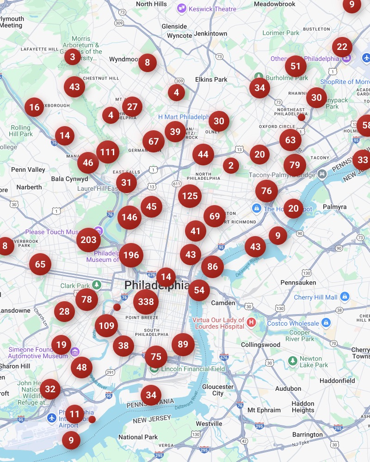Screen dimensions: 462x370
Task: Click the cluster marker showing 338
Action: pyautogui.click(x=146, y=302)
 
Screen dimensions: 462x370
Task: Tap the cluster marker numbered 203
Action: pyautogui.click(x=88, y=240)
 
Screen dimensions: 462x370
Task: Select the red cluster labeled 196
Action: pyautogui.click(x=131, y=255)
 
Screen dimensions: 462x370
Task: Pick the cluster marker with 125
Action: pyautogui.click(x=190, y=196)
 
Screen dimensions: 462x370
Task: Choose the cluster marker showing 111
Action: pyautogui.click(x=107, y=152)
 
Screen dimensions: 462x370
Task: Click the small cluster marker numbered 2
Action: pyautogui.click(x=231, y=165)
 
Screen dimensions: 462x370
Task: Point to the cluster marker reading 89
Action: pyautogui.click(x=183, y=344)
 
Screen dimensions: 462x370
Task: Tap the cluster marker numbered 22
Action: pyautogui.click(x=342, y=47)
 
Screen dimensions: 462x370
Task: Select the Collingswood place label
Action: pyautogui.click(x=260, y=345)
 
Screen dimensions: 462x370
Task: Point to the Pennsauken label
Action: pyautogui.click(x=298, y=282)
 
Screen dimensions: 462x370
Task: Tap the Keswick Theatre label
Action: pyautogui.click(x=212, y=9)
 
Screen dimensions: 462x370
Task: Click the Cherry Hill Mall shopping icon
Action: pyautogui.click(x=345, y=296)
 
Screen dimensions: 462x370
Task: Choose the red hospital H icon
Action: pyautogui.click(x=252, y=322)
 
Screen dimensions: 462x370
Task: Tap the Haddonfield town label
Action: pyautogui.click(x=337, y=380)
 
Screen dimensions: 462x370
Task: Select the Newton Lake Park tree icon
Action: pyautogui.click(x=292, y=360)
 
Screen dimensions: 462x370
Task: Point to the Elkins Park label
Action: pyautogui.click(x=211, y=79)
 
